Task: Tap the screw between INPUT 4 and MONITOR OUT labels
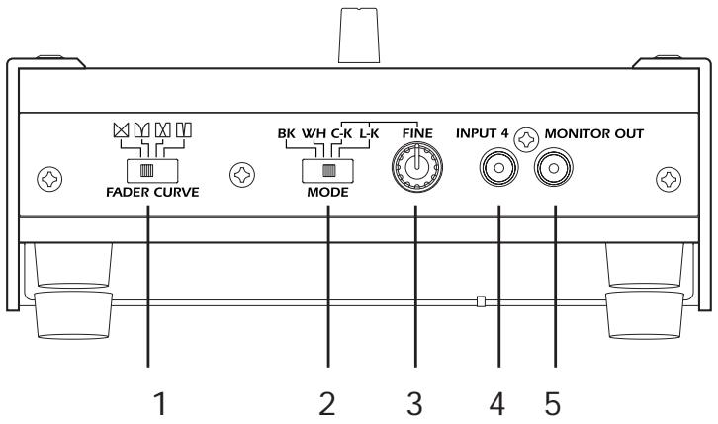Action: click(527, 137)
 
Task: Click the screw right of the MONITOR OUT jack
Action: click(669, 178)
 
